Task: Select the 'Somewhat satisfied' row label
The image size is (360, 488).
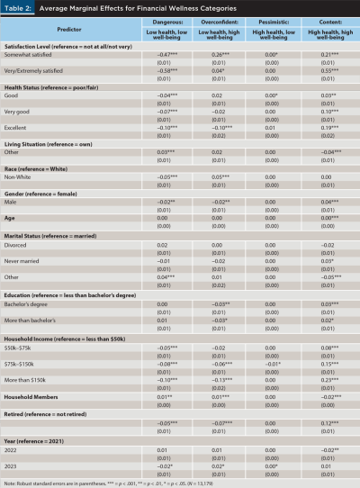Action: click(35, 53)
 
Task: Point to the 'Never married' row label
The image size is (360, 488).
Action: click(28, 260)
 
